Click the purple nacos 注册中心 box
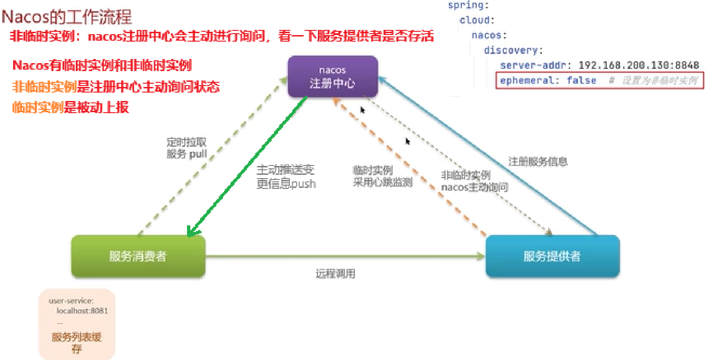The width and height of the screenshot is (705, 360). tap(332, 77)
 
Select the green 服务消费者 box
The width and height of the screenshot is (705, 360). tap(138, 256)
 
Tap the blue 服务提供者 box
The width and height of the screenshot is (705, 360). tap(552, 256)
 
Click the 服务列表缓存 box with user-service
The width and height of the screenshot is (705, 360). tap(77, 324)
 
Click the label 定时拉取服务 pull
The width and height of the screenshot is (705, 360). tap(187, 148)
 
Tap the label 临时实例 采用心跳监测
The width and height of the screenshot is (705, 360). tap(382, 177)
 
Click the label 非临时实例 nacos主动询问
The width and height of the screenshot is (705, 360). tap(474, 181)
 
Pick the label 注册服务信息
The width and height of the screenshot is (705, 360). tap(538, 162)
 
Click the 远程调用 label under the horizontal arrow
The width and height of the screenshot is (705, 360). tap(335, 274)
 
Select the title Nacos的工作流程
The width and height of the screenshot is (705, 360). tap(67, 17)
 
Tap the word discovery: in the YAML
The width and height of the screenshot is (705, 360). tap(513, 50)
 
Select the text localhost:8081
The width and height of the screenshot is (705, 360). tap(82, 311)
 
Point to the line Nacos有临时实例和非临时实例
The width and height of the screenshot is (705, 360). tap(102, 65)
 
